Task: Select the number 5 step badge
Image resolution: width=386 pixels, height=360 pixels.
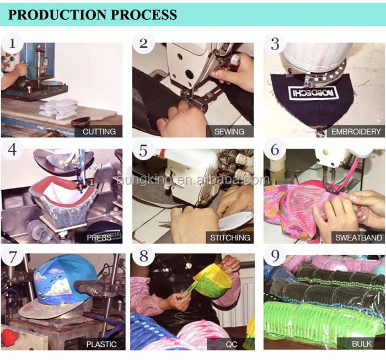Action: (143, 149)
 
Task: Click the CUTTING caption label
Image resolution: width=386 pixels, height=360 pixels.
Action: (99, 132)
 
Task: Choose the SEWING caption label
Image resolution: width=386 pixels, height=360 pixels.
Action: (229, 132)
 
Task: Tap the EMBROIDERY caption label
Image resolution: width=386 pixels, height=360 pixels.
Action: (356, 132)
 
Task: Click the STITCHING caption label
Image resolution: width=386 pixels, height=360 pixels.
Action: (230, 238)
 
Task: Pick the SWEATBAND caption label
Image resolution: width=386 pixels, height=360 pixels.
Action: (358, 238)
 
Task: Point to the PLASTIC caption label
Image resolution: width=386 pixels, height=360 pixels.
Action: (101, 344)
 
